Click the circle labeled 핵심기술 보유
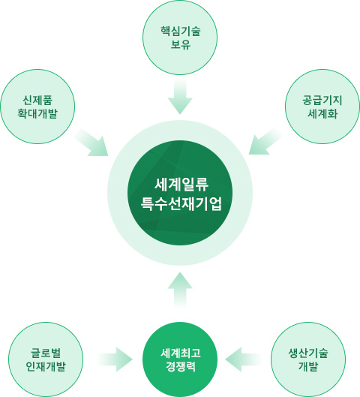[180, 38]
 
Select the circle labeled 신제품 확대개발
[37, 107]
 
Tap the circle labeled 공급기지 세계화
[322, 107]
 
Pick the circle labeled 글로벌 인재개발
[46, 359]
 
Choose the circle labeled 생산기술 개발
[308, 359]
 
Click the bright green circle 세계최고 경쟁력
[180, 359]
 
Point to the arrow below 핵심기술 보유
[180, 96]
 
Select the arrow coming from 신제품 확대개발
[92, 143]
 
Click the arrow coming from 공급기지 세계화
[265, 141]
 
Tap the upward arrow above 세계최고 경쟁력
[180, 290]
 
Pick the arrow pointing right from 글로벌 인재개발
[115, 359]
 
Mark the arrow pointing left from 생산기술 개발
[243, 359]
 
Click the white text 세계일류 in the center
[181, 185]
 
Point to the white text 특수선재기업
[181, 203]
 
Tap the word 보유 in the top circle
[181, 44]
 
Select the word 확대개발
[37, 113]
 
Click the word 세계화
[322, 113]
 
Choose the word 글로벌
[46, 353]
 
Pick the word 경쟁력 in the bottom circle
[181, 367]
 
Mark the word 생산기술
[308, 353]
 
